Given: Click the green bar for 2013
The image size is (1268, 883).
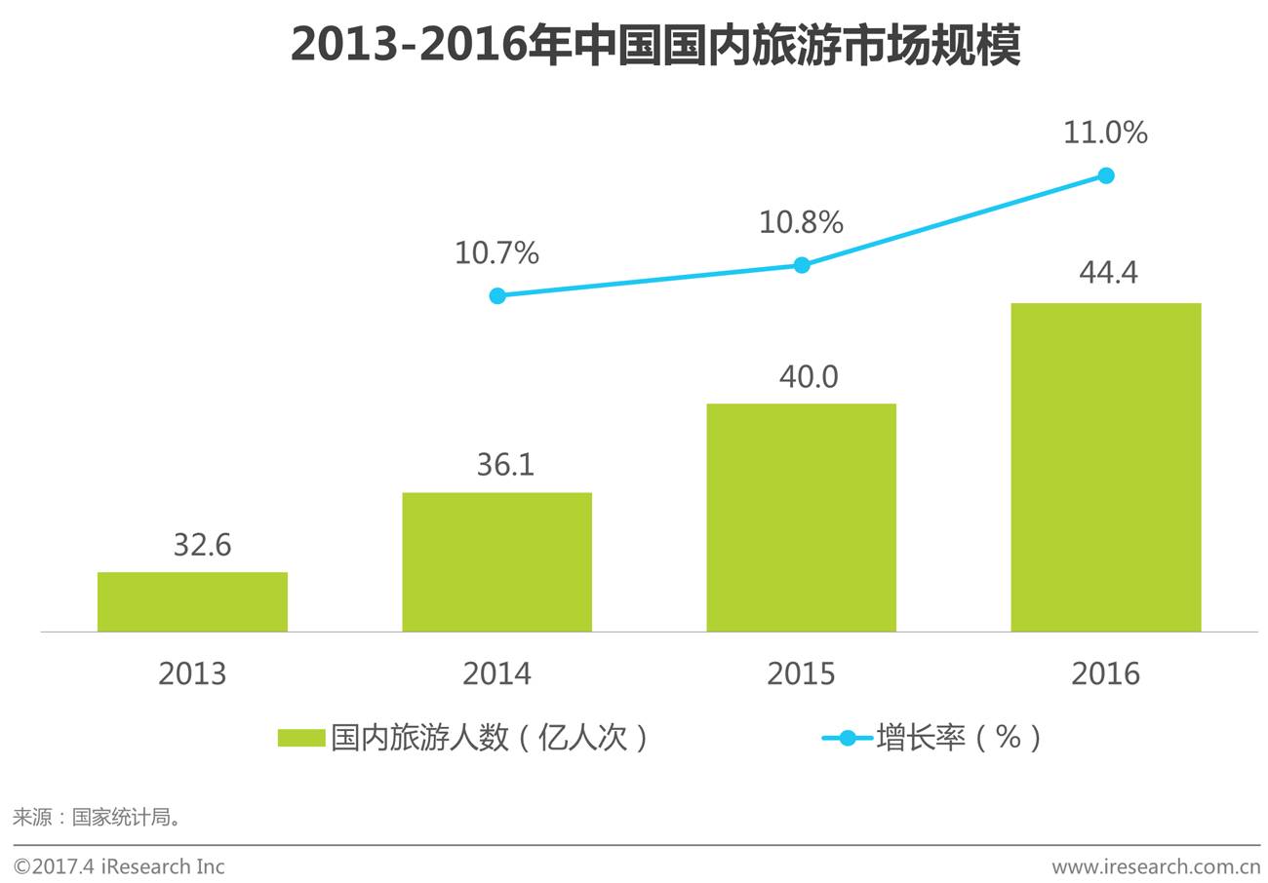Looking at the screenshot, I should [x=192, y=601].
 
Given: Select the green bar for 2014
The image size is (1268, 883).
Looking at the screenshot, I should [x=496, y=561].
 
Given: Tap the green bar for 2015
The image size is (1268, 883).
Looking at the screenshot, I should [x=801, y=518].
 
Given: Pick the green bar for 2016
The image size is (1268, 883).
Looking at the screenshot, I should [x=1105, y=467].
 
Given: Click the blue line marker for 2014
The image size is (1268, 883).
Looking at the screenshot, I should [x=497, y=295].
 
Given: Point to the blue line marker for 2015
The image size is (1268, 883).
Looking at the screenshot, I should [x=802, y=265].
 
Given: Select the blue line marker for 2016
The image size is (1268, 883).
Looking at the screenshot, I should [x=1106, y=175].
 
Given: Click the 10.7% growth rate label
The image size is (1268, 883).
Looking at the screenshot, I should [x=496, y=253].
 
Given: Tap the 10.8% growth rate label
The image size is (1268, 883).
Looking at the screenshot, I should [x=801, y=222].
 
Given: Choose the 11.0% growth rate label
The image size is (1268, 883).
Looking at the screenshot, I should [x=1105, y=133].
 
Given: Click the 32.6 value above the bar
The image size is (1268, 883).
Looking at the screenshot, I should [x=202, y=545].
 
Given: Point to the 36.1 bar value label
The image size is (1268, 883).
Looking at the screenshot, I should [x=505, y=465].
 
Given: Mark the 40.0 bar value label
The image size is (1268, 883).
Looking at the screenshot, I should [x=809, y=376].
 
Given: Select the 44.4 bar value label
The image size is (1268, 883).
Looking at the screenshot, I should [x=1108, y=273].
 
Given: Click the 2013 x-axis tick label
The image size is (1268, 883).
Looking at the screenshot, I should [x=192, y=673].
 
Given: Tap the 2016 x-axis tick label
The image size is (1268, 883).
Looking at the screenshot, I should [x=1105, y=673].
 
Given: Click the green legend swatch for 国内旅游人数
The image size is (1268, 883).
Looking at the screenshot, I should [x=301, y=738].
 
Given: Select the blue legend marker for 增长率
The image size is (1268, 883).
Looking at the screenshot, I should [x=848, y=738].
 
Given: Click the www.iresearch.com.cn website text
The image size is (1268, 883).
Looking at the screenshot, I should [x=1156, y=866].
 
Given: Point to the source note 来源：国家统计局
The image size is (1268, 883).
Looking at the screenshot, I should [x=98, y=817].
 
